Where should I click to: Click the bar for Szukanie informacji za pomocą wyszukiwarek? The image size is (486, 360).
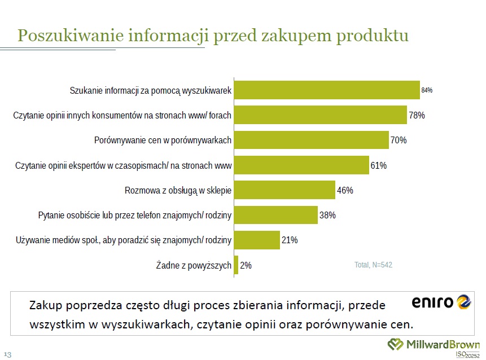(326, 90)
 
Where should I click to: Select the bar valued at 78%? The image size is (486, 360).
(320, 115)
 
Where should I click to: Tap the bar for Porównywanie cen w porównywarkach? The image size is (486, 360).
(311, 140)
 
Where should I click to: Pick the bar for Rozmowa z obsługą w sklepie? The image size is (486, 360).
(284, 190)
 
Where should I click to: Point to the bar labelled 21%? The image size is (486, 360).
(257, 240)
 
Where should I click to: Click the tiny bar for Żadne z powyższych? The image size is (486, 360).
(236, 265)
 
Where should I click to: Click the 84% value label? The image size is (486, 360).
(427, 90)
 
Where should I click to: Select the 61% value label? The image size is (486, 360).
(378, 165)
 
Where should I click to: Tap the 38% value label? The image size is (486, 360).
(328, 215)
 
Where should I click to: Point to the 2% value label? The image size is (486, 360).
(246, 265)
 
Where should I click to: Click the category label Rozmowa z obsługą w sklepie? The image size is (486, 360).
(178, 190)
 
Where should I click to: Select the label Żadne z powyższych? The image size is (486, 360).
(193, 265)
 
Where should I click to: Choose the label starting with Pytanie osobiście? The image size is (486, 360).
(135, 215)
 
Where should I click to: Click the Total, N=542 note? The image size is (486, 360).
(373, 265)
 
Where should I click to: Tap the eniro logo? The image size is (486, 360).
(440, 303)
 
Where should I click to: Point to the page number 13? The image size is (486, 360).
(8, 354)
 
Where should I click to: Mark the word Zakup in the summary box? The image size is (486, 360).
(45, 306)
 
